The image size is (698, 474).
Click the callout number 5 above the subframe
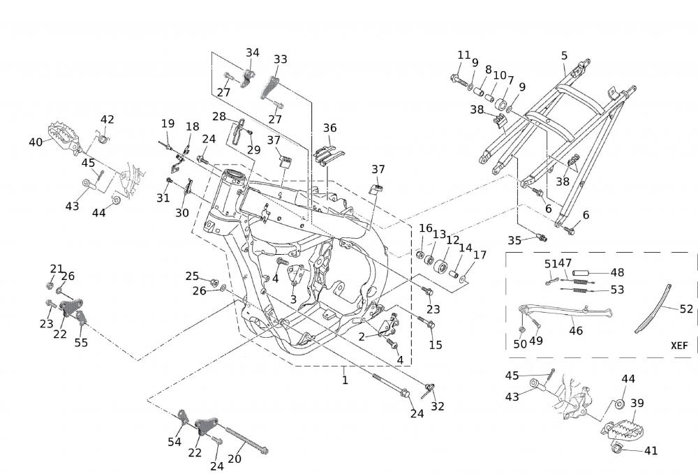tap(564, 55)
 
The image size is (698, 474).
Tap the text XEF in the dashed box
tap(679, 345)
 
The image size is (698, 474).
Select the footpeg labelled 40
tap(64, 136)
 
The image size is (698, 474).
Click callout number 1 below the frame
tap(344, 380)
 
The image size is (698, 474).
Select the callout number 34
tap(253, 52)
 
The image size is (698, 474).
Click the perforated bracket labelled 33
tap(269, 89)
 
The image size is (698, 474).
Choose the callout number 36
tap(329, 128)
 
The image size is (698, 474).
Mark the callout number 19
tap(168, 124)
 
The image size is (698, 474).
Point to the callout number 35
tap(514, 240)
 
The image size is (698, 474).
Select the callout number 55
tap(81, 342)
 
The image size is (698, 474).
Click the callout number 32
tap(438, 406)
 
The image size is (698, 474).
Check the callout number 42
tap(107, 119)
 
